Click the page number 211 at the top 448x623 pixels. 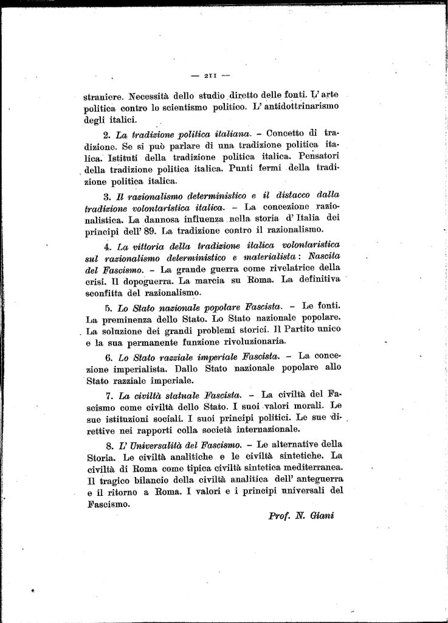(210, 75)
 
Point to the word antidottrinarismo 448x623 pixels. (297, 106)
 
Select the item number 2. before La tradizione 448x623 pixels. (106, 133)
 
